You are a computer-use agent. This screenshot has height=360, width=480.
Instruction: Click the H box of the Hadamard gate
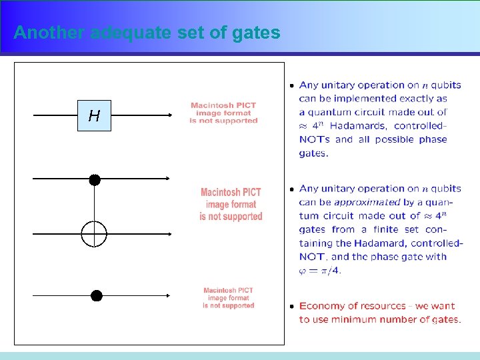(x=94, y=116)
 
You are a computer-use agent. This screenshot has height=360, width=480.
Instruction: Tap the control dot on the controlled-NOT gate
(x=95, y=179)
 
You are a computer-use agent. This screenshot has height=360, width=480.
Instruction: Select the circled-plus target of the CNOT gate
(x=94, y=234)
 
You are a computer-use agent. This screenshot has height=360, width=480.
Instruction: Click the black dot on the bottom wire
(x=97, y=295)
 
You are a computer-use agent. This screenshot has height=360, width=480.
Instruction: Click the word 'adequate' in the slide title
(x=130, y=33)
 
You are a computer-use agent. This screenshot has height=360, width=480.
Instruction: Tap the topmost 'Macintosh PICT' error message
(x=223, y=113)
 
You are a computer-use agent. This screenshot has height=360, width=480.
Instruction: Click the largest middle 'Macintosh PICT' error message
(x=231, y=204)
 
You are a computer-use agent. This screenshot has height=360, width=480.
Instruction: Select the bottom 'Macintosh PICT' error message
(x=229, y=298)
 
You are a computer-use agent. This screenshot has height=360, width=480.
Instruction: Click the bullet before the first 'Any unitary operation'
(x=291, y=86)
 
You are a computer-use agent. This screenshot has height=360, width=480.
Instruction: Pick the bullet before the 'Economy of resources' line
(x=291, y=307)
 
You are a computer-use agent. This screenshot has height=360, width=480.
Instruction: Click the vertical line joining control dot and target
(x=94, y=203)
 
